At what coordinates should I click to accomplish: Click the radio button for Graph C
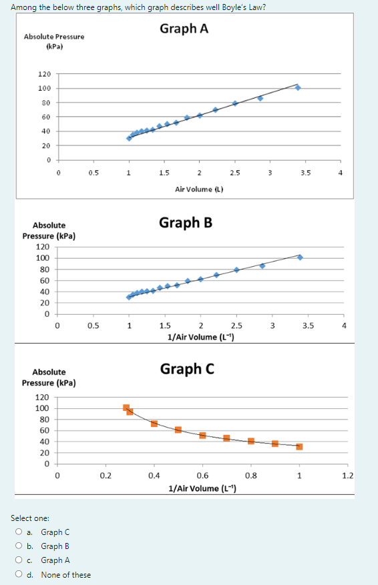[x=21, y=532]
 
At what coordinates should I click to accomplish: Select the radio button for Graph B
[x=21, y=546]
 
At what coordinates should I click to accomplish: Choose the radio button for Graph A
[x=21, y=560]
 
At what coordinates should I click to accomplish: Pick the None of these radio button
[x=21, y=575]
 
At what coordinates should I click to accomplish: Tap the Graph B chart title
[x=186, y=222]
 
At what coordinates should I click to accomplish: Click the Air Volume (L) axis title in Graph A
[x=198, y=189]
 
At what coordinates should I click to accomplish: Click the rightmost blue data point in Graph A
[x=298, y=87]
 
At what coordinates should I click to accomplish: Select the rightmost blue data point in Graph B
[x=300, y=257]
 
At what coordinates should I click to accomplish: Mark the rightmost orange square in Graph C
[x=299, y=447]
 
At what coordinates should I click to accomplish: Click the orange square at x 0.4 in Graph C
[x=154, y=424]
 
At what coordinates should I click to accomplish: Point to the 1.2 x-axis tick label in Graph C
[x=347, y=476]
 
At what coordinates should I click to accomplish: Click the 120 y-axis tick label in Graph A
[x=44, y=74]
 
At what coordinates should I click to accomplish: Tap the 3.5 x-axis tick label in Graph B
[x=307, y=326]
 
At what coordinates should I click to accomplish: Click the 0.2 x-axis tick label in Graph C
[x=106, y=476]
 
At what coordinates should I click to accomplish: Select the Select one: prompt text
[x=29, y=518]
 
